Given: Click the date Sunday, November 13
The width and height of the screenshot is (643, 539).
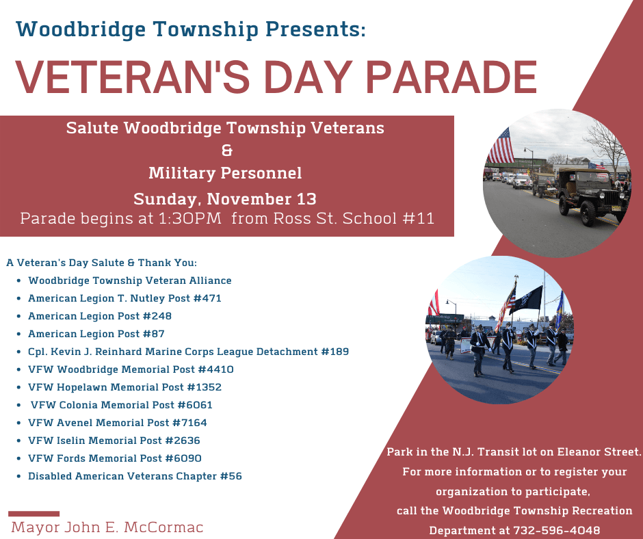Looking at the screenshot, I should pos(225,199).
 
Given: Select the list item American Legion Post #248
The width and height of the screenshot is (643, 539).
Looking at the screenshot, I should pos(100,316).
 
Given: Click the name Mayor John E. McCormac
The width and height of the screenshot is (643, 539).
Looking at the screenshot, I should pos(107,527).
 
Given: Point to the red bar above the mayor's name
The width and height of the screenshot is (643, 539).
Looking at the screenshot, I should pos(34,513).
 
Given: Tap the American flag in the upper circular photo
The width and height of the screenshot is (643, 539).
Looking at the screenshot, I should pos(500,146).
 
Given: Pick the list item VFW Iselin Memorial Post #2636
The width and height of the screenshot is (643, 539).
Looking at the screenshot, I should pos(114,441).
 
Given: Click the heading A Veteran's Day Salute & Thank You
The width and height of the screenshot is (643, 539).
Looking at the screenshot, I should pos(101,263).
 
